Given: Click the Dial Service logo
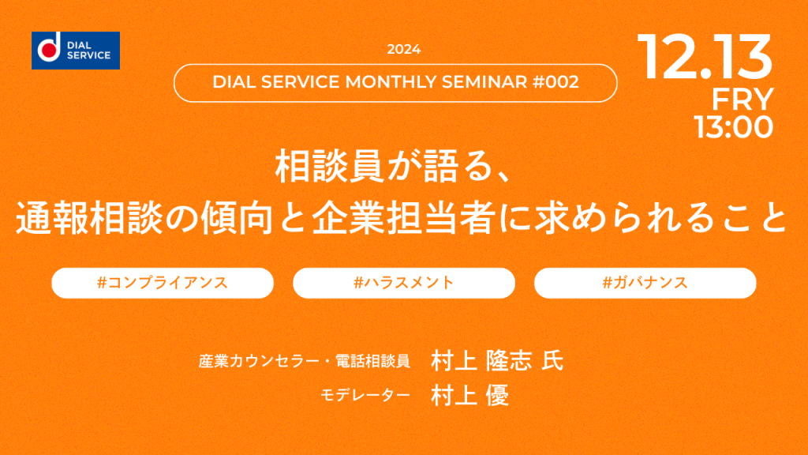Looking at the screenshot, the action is click(76, 51).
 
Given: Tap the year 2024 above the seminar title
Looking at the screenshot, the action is click(403, 50).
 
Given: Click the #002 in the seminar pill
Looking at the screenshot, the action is click(555, 82).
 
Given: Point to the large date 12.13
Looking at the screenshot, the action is click(705, 57).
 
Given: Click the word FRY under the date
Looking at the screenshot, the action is click(743, 99).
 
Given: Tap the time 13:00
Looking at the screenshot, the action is click(733, 127).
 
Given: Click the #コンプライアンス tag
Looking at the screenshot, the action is click(163, 283).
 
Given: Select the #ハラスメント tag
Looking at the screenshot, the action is click(404, 283).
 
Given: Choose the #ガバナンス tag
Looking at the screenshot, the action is click(645, 283).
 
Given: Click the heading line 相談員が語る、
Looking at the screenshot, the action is click(394, 166).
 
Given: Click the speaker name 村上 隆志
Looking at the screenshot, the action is click(481, 360).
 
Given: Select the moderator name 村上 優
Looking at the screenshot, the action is click(470, 396).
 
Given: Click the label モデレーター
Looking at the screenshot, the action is click(365, 396).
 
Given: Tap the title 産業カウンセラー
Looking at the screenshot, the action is click(259, 361).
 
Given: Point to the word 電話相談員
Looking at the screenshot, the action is click(372, 361).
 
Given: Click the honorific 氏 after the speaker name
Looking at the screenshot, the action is click(552, 360).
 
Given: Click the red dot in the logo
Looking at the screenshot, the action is click(50, 50).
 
